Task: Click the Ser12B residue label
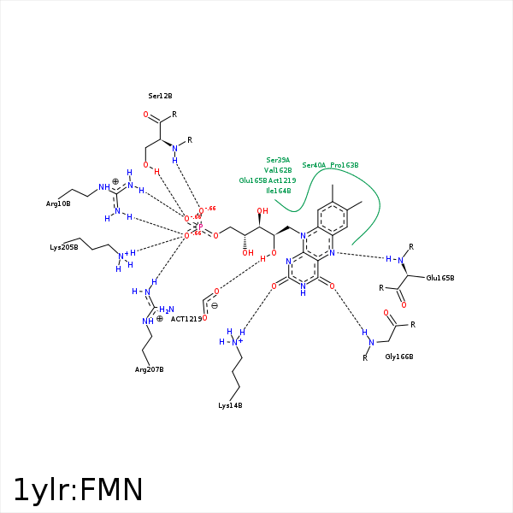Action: (x=160, y=96)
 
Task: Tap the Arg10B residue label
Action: (x=58, y=203)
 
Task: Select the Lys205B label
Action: (x=64, y=247)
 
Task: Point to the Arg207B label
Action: (x=149, y=369)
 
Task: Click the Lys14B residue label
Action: (x=230, y=404)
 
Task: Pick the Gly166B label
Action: (x=399, y=356)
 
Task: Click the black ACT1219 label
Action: (x=186, y=319)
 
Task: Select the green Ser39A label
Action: (x=278, y=160)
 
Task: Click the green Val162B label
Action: (x=278, y=170)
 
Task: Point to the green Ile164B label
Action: (x=278, y=191)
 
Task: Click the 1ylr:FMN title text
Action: (x=78, y=490)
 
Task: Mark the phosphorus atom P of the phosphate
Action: (x=200, y=226)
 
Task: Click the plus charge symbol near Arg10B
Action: (x=115, y=181)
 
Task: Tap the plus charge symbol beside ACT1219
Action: (x=159, y=318)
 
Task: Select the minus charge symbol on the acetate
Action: (x=214, y=305)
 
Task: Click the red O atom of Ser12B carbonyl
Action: (x=146, y=115)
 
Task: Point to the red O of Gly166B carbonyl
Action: (x=386, y=313)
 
